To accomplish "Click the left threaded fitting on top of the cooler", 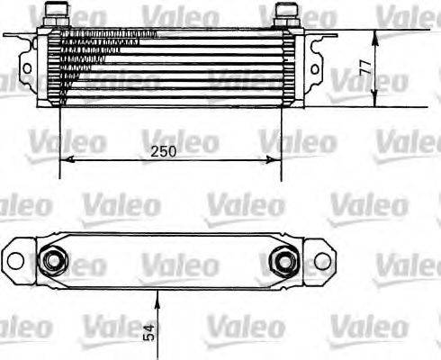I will click(59, 13).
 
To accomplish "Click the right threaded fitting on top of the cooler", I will click(286, 13).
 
